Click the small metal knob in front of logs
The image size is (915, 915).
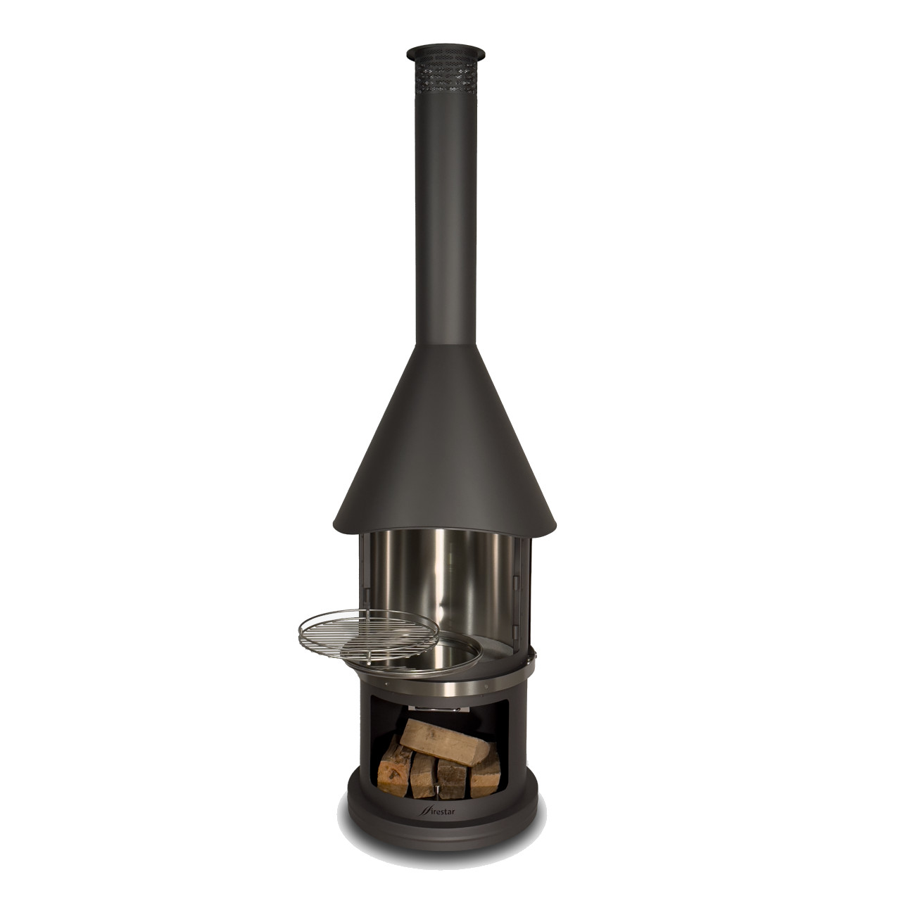click(x=439, y=792)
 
